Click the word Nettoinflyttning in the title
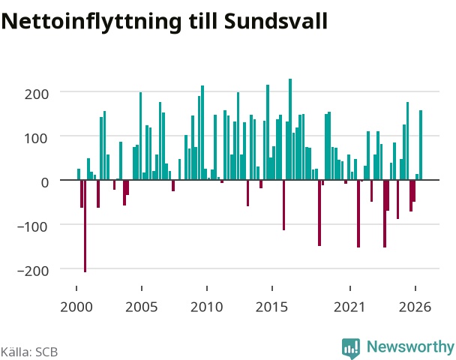point(91,22)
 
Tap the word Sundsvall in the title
point(276,21)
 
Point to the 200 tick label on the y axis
point(36,94)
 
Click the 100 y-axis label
point(35,139)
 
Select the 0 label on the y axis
point(45,182)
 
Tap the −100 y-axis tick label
point(32,226)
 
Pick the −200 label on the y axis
point(33,271)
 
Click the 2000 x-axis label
point(76,307)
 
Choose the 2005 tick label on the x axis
point(141,307)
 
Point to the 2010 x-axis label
point(207,307)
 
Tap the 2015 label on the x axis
point(272,307)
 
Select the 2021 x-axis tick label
point(349,307)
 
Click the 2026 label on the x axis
point(415,307)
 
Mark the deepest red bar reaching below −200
point(85,226)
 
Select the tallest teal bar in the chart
point(290,129)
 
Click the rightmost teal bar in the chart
point(421,145)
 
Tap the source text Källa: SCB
point(29,352)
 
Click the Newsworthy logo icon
point(351,348)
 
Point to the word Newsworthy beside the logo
point(410,347)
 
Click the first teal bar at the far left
point(79,174)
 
